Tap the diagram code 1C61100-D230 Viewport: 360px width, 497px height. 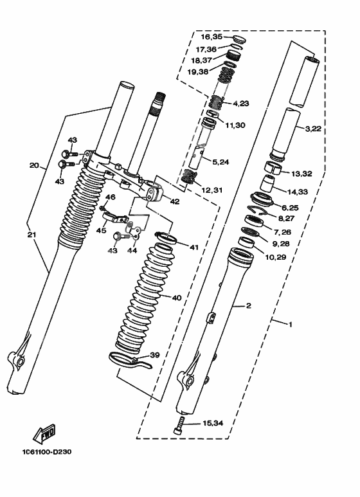tap(46, 452)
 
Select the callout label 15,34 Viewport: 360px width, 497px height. tap(213, 423)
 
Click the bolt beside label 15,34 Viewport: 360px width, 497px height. tap(179, 425)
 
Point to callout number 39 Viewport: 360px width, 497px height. tap(155, 355)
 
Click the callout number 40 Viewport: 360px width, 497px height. tap(177, 298)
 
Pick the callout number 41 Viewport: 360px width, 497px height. tap(194, 247)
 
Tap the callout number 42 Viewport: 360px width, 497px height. tap(175, 202)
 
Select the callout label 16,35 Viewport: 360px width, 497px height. tap(212, 37)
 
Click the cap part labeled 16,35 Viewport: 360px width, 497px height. tap(239, 40)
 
